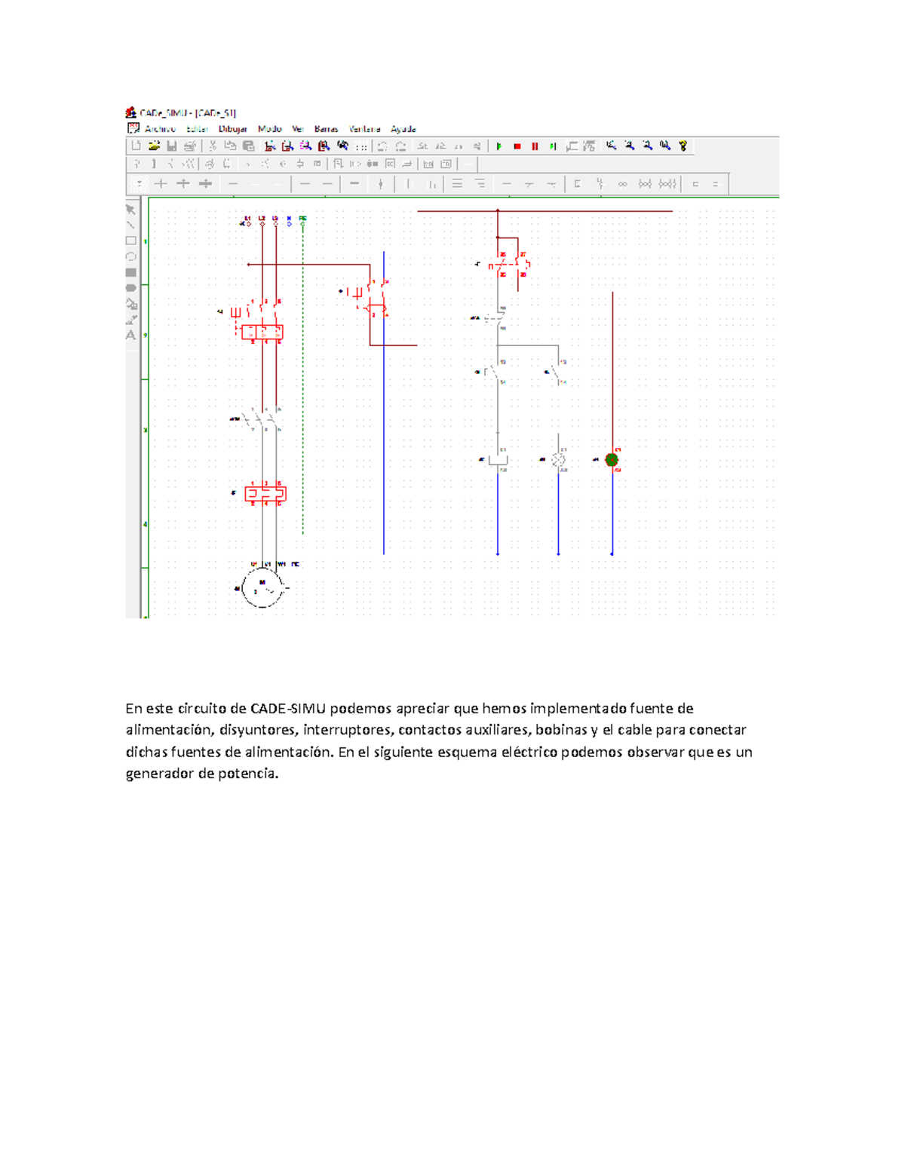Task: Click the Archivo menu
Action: point(160,129)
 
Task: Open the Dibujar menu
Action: point(232,129)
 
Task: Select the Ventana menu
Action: point(364,129)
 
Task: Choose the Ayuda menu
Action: point(403,129)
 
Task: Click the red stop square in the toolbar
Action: point(517,146)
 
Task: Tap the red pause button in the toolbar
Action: point(535,146)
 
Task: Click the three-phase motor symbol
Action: point(263,587)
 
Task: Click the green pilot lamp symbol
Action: point(612,459)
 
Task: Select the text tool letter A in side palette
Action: point(131,335)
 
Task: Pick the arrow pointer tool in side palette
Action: point(130,210)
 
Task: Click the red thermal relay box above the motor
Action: point(265,494)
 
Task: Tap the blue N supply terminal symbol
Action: point(289,222)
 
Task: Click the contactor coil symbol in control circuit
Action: point(498,459)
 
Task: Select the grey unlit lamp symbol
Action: point(559,459)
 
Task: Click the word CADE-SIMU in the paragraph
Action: point(288,708)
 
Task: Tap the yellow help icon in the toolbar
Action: point(683,146)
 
